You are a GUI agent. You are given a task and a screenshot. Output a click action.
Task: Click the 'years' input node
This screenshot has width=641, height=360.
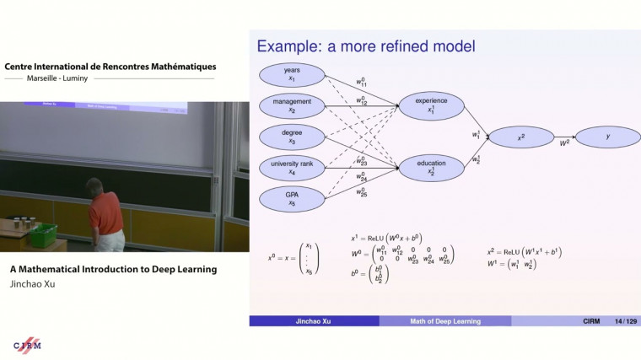(x=292, y=73)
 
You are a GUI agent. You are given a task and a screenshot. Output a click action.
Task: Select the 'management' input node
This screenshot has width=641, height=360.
(x=292, y=105)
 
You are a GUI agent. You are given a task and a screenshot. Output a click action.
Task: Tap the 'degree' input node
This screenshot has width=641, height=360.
(x=292, y=137)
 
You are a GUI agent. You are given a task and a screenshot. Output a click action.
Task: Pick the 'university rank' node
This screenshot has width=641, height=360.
(x=292, y=167)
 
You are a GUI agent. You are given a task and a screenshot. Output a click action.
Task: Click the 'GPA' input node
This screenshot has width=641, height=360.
(x=292, y=198)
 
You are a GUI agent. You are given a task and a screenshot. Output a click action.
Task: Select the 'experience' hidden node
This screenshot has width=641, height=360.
(x=432, y=105)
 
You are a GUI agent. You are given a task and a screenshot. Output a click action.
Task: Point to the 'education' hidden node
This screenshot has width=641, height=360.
(x=432, y=167)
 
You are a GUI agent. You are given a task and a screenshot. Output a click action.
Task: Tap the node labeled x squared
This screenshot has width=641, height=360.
(x=521, y=137)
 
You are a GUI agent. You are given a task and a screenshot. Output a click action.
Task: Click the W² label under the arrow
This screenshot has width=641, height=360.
(x=564, y=144)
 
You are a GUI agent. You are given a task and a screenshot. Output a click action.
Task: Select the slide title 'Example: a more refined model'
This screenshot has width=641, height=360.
(x=366, y=46)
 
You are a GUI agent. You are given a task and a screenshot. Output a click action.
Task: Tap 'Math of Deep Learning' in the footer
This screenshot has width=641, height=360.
(x=444, y=321)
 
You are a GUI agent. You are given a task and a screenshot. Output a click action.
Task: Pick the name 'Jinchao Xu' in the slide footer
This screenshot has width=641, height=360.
(x=314, y=321)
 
